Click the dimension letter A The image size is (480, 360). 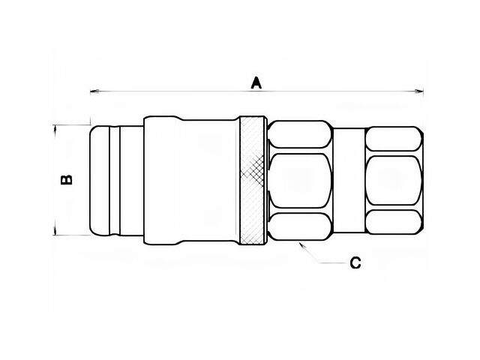[256, 83]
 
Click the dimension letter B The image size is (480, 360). [67, 180]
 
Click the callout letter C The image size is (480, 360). [355, 263]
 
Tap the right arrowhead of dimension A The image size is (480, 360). [419, 91]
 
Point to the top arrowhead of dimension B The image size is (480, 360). [55, 129]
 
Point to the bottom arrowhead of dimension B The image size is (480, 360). [55, 231]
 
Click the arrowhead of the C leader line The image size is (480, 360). [301, 245]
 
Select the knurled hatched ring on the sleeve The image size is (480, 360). [252, 180]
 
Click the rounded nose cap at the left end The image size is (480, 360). [100, 180]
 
